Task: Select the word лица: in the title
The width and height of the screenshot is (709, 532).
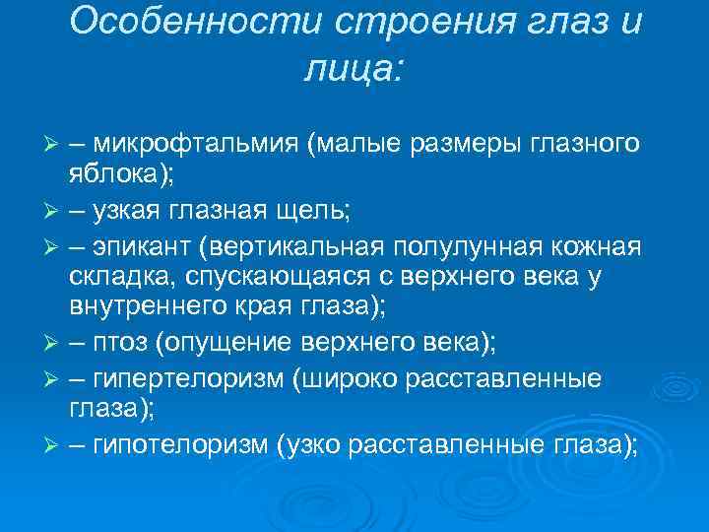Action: [354, 69]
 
